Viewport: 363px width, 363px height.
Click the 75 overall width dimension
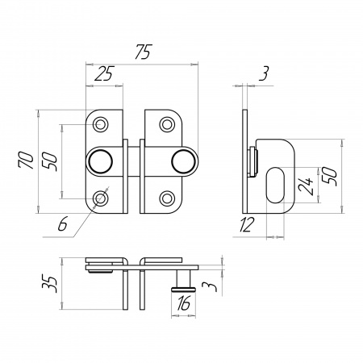pyautogui.click(x=144, y=52)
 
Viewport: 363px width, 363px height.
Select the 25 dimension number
pyautogui.click(x=104, y=73)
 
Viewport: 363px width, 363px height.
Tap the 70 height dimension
pyautogui.click(x=27, y=161)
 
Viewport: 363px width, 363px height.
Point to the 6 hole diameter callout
pyautogui.click(x=62, y=224)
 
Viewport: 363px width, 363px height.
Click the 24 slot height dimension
pyautogui.click(x=307, y=186)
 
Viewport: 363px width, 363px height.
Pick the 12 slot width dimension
pyautogui.click(x=247, y=224)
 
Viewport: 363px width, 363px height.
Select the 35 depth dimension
pyautogui.click(x=50, y=283)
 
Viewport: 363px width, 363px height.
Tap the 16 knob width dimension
pyautogui.click(x=184, y=302)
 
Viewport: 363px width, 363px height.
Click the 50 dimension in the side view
pyautogui.click(x=330, y=176)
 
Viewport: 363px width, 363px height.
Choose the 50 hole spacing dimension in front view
pyautogui.click(x=50, y=161)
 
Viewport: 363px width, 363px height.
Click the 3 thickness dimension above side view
pyautogui.click(x=264, y=73)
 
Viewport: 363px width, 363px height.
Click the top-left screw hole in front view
pyautogui.click(x=101, y=124)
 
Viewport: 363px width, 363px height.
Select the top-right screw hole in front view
pyautogui.click(x=167, y=124)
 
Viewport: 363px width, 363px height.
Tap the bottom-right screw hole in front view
pyautogui.click(x=167, y=198)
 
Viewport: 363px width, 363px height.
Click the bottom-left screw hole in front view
pyautogui.click(x=101, y=198)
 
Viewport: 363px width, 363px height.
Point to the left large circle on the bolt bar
pyautogui.click(x=100, y=161)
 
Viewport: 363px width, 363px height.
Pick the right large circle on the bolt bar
pyautogui.click(x=183, y=161)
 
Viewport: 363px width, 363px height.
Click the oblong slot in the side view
pyautogui.click(x=275, y=185)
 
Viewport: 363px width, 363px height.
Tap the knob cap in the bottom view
pyautogui.click(x=184, y=290)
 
